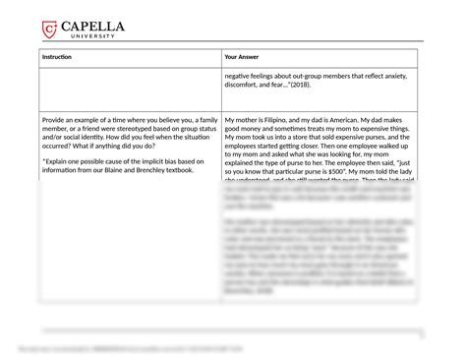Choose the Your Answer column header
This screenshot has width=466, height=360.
click(242, 58)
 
